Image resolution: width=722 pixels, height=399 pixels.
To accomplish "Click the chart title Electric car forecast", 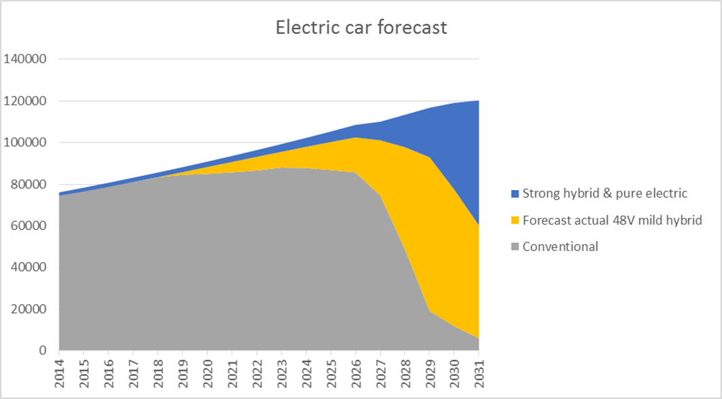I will (x=361, y=28).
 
